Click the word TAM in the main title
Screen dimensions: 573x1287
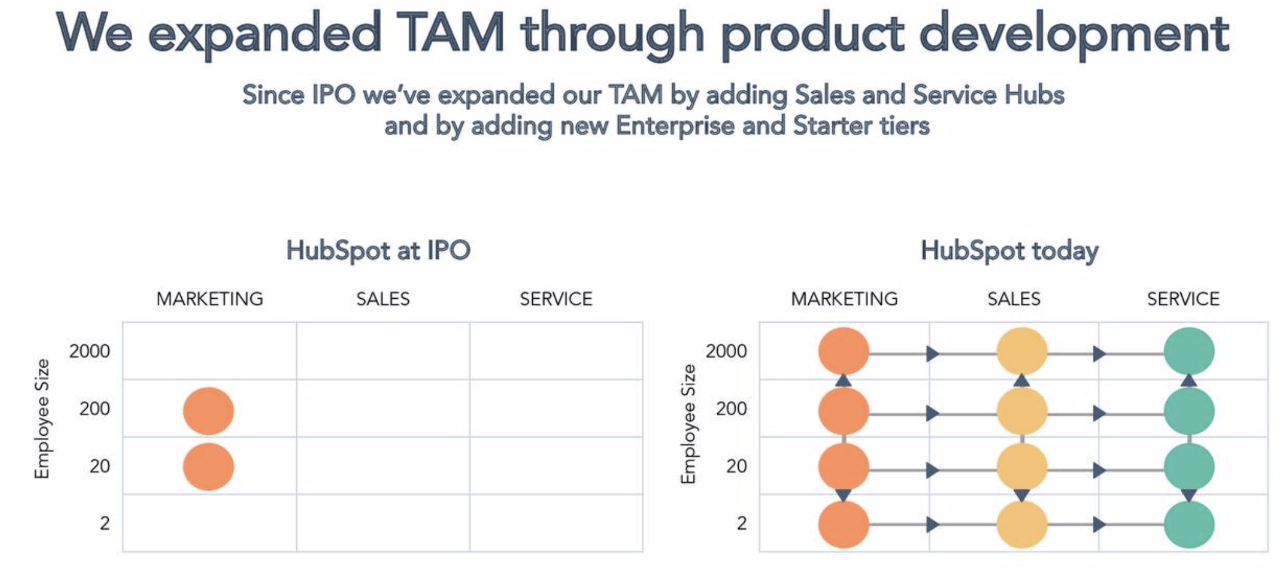(x=450, y=33)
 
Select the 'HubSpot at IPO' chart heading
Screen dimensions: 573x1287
(x=378, y=251)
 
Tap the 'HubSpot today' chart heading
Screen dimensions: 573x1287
(x=1009, y=251)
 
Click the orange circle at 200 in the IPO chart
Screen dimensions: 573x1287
(x=208, y=411)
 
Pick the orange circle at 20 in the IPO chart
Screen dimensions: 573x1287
(x=208, y=467)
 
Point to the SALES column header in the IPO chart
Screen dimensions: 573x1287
(x=383, y=299)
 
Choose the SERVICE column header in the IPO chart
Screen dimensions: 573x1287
(x=556, y=299)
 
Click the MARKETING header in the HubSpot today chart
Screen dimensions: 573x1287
(x=844, y=299)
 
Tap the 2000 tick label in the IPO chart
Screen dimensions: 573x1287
(x=90, y=351)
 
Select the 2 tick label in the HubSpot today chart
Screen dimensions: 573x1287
(x=742, y=523)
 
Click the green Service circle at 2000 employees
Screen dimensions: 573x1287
(x=1189, y=351)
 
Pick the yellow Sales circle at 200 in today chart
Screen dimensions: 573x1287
(x=1021, y=411)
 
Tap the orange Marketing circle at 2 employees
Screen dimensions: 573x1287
(x=843, y=524)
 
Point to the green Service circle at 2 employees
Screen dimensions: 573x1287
(x=1189, y=524)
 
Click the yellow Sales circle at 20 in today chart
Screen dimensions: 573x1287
(x=1021, y=467)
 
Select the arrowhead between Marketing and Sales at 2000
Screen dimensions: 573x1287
(x=932, y=354)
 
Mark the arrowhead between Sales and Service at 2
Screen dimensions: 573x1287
(x=1099, y=524)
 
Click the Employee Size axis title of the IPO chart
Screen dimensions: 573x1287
(x=42, y=419)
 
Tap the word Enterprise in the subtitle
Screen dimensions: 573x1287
(x=675, y=126)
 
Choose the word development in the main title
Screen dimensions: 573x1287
(x=1073, y=33)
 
